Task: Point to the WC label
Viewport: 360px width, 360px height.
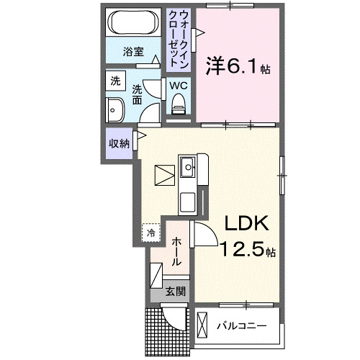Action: click(x=179, y=85)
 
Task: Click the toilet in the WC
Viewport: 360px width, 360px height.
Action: click(x=179, y=105)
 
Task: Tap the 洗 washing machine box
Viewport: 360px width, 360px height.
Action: click(x=115, y=82)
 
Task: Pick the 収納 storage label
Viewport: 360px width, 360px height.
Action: click(x=119, y=143)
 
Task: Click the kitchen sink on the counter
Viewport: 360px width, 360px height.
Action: click(x=189, y=168)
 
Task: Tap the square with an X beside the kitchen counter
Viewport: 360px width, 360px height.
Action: click(x=164, y=174)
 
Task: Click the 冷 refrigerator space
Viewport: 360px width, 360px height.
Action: click(x=152, y=233)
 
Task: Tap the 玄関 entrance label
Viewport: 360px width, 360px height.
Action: click(x=175, y=292)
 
